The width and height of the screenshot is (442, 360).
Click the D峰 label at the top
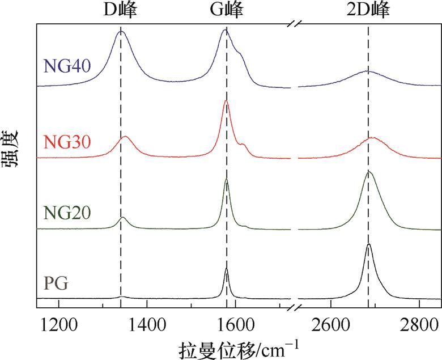pos(120,10)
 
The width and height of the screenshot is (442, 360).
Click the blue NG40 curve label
pos(63,66)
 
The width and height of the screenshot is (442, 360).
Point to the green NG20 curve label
pos(63,213)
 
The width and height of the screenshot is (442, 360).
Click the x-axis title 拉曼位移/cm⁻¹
pos(239,347)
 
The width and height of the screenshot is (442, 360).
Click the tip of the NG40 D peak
pos(121,31)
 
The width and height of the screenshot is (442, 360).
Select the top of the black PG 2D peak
pos(369,244)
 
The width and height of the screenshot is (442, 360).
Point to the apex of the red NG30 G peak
pos(226,101)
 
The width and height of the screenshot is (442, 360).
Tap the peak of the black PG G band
pos(226,269)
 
